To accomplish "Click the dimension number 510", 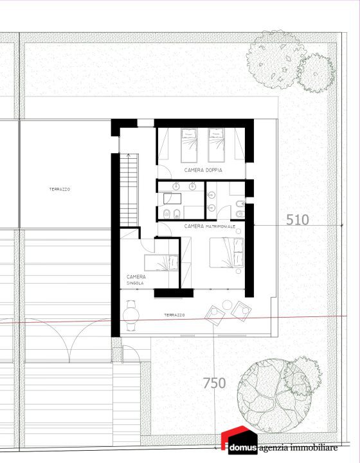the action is pyautogui.click(x=298, y=220).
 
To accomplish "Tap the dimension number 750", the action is pyautogui.click(x=215, y=383).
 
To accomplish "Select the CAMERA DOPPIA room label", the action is pyautogui.click(x=203, y=170).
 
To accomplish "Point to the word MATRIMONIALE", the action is pyautogui.click(x=221, y=226).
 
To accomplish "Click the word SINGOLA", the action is pyautogui.click(x=135, y=283).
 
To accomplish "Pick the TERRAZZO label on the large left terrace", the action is pyautogui.click(x=60, y=189).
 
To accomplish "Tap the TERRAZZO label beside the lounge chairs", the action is pyautogui.click(x=174, y=315).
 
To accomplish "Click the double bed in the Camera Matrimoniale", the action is pyautogui.click(x=227, y=253).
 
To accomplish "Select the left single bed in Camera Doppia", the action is pyautogui.click(x=189, y=145).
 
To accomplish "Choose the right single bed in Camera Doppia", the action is pyautogui.click(x=216, y=145).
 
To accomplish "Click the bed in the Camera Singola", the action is pyautogui.click(x=161, y=262).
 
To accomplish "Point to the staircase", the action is pyautogui.click(x=129, y=190).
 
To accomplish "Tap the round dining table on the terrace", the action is pyautogui.click(x=131, y=314).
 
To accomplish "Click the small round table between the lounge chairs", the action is pyautogui.click(x=227, y=305).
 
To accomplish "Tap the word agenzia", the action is pyautogui.click(x=274, y=449).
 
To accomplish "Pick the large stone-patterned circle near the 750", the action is pyautogui.click(x=274, y=395).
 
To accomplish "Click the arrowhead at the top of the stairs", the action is pyautogui.click(x=129, y=154).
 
